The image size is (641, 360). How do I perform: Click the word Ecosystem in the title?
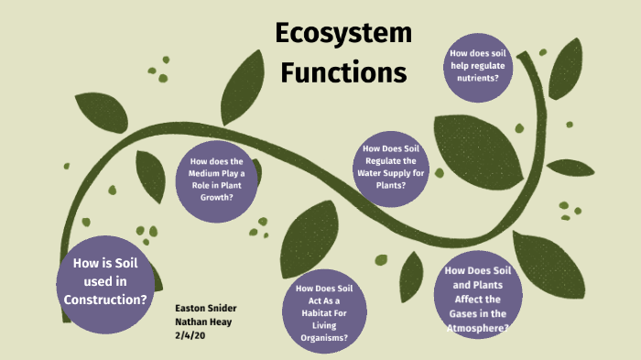tap(343, 36)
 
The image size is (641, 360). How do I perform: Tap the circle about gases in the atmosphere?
tap(474, 299)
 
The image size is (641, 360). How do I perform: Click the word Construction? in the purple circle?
tap(105, 300)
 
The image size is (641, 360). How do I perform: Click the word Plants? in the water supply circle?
tap(391, 186)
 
